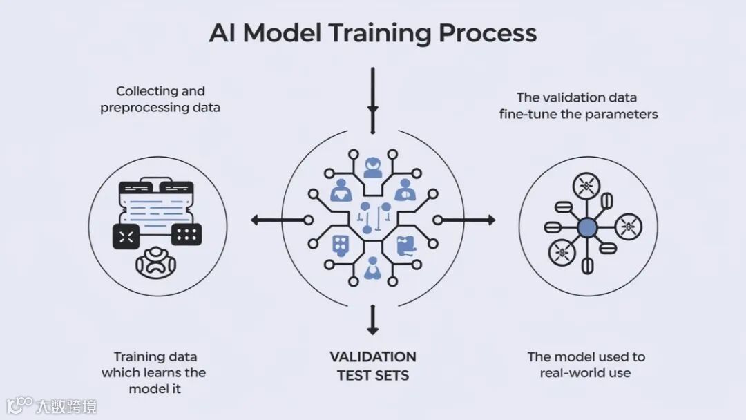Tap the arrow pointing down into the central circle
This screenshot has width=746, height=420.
click(x=373, y=100)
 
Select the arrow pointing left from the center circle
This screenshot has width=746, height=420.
click(x=276, y=220)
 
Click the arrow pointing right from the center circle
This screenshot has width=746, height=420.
click(x=468, y=220)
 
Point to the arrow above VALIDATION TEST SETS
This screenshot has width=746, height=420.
click(x=373, y=320)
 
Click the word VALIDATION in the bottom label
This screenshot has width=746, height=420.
click(x=373, y=357)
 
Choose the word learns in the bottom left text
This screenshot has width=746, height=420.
click(x=160, y=373)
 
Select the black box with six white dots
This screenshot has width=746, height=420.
click(x=186, y=235)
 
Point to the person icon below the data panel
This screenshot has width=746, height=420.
click(x=156, y=262)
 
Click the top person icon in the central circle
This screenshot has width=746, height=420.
click(x=373, y=167)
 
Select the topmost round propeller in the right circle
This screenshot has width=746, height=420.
click(x=586, y=185)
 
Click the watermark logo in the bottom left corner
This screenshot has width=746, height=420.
click(x=21, y=404)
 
